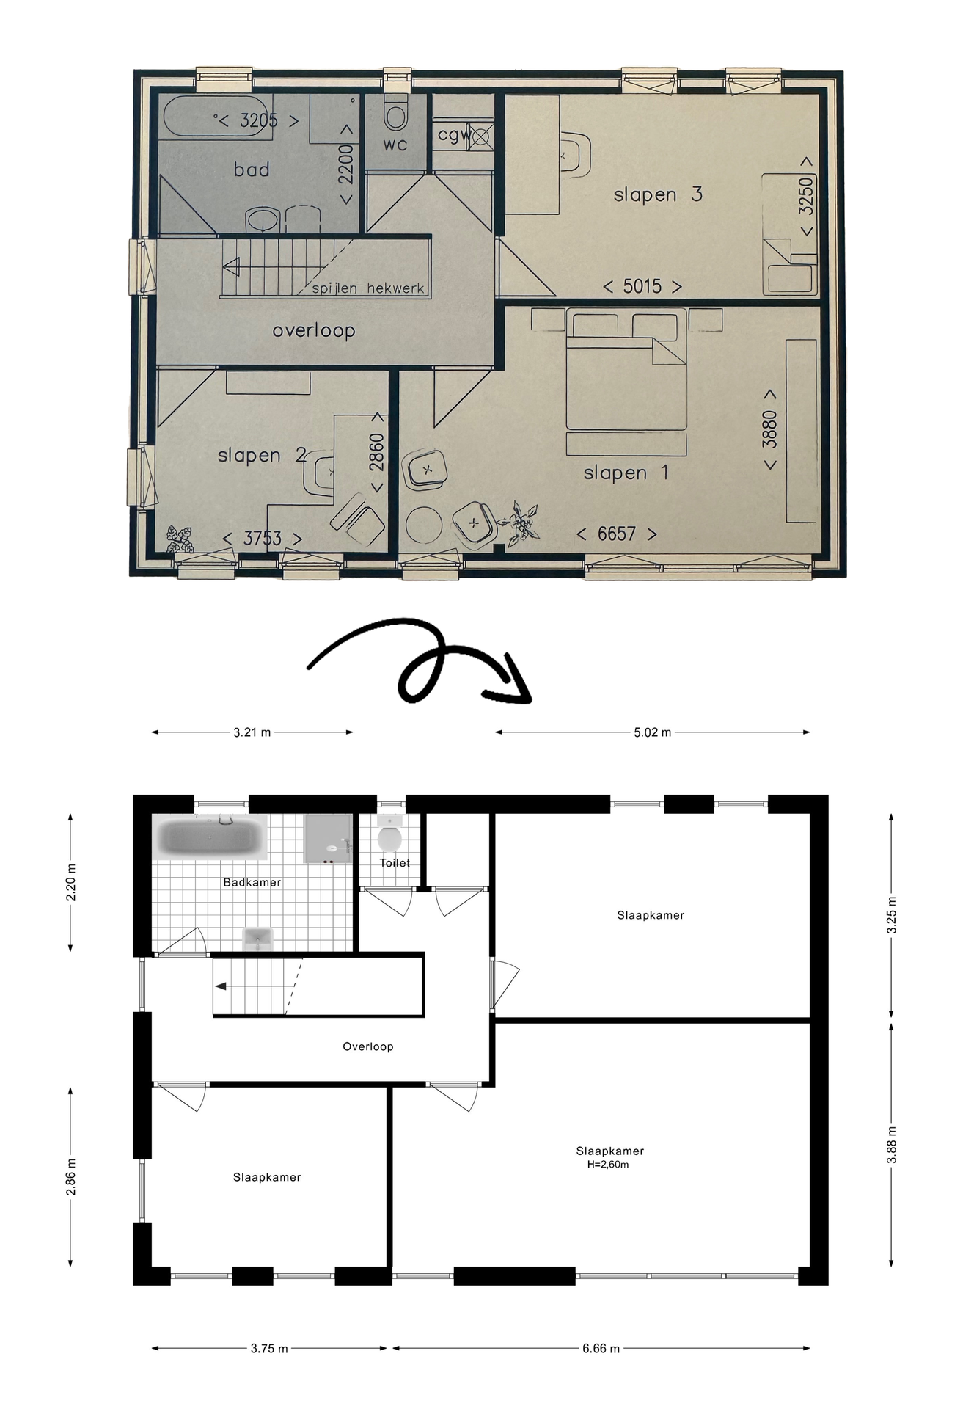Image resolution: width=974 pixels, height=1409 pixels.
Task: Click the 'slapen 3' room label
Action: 657,194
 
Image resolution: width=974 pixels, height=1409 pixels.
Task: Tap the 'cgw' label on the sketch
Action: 453,135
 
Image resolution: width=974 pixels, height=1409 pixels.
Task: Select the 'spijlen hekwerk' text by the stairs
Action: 368,288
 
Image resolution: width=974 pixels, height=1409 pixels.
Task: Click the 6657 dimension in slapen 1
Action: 616,534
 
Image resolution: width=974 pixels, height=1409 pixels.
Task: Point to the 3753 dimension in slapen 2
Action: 262,539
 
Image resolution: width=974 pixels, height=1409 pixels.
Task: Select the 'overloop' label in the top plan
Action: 313,331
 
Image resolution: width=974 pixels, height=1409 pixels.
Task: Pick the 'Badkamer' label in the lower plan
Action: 252,882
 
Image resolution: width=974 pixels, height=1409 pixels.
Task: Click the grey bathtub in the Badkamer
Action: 210,837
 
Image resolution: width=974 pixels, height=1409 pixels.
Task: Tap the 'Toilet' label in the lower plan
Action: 395,863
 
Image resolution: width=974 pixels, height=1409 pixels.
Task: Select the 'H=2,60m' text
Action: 607,1164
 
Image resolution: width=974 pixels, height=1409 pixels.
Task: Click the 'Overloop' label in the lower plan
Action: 368,1046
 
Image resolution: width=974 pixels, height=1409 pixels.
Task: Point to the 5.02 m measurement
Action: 652,732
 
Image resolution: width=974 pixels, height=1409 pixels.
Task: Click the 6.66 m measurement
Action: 601,1348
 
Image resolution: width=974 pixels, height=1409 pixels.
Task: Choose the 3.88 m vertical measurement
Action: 891,1145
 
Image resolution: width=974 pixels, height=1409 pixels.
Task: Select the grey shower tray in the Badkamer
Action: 328,839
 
